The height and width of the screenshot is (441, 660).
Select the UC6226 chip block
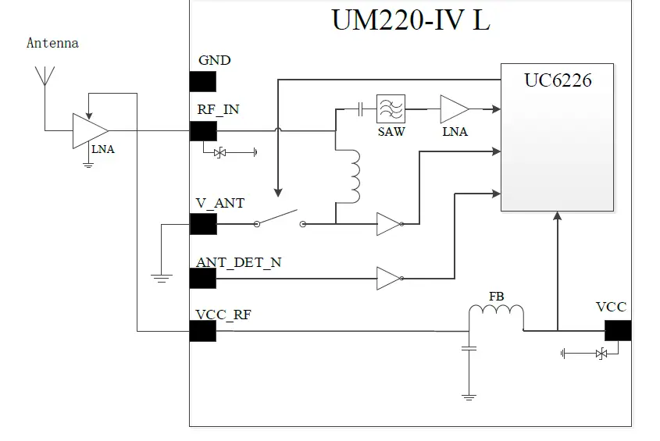point(556,137)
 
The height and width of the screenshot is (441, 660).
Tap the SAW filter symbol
point(391,108)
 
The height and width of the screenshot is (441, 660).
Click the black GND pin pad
point(203,81)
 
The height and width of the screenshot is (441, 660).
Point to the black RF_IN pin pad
point(203,130)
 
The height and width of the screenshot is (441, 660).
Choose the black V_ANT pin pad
point(203,224)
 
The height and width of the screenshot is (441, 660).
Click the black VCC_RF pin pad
point(203,331)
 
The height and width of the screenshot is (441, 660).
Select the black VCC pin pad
point(618,330)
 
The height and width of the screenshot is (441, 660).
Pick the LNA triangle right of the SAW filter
point(454,109)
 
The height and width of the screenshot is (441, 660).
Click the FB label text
point(497,297)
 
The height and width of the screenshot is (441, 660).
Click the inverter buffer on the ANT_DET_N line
point(389,279)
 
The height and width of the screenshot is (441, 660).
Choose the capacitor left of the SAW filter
point(360,109)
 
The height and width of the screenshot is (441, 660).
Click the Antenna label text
point(52,43)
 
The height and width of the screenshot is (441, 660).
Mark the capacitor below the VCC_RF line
point(469,349)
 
